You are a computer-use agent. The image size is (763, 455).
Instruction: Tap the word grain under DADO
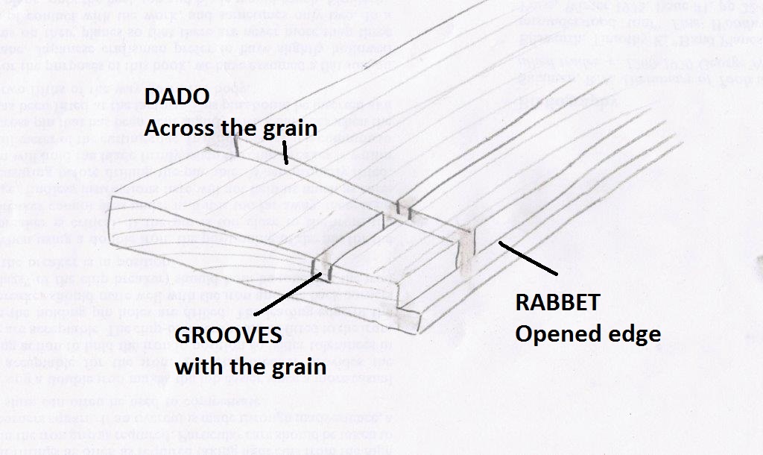tap(290, 128)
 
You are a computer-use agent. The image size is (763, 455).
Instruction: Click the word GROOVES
tap(229, 336)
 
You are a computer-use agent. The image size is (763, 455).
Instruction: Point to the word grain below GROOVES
tap(297, 365)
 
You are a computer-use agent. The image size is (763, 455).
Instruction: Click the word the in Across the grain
tap(240, 128)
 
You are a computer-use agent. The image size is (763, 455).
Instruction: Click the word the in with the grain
tap(247, 365)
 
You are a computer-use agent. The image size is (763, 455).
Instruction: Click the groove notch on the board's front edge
tap(322, 264)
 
